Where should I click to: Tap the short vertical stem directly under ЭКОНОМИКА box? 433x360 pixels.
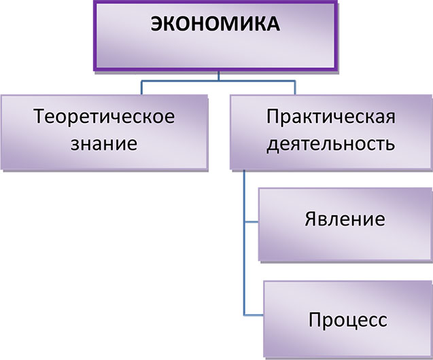pos(218,75)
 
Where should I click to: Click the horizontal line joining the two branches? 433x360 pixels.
pos(218,82)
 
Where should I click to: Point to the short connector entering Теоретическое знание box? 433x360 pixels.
pos(141,88)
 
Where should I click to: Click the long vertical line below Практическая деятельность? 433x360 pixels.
pos(243,265)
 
